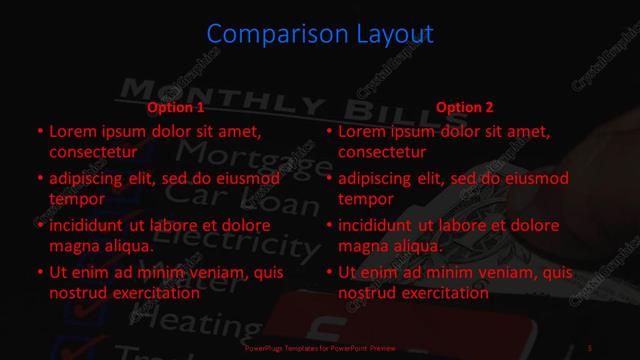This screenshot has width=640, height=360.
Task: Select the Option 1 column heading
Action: [x=176, y=108]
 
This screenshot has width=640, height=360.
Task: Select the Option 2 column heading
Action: [x=465, y=108]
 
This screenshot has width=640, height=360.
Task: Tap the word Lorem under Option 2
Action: [x=362, y=131]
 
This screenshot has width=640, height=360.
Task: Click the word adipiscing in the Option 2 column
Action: [x=380, y=180]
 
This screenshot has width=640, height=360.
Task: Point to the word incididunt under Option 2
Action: [x=380, y=226]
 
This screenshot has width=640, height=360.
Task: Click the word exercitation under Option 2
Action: [x=440, y=294]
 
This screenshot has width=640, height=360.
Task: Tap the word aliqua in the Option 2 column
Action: [x=418, y=247]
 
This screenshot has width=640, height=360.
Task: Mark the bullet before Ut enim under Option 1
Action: [x=39, y=272]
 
